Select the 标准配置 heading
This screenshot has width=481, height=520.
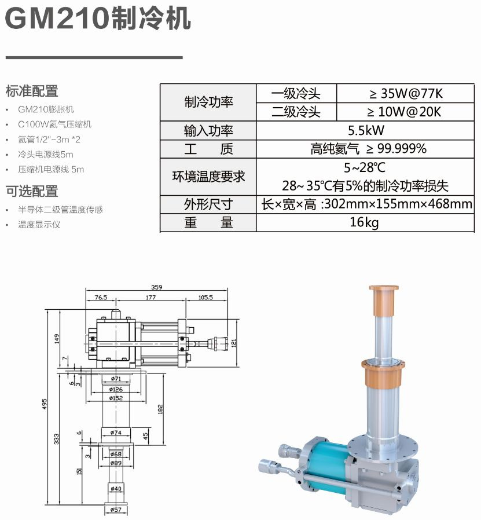tap(32, 91)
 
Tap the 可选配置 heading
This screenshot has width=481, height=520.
tap(32, 191)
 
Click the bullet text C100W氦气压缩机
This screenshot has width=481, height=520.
tap(54, 124)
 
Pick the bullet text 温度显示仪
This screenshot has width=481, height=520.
tap(39, 225)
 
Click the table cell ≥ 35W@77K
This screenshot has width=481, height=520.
tap(406, 94)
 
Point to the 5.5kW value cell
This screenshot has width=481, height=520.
tap(366, 130)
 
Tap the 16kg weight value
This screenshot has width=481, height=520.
tap(364, 222)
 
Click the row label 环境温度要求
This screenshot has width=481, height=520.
tap(208, 177)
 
